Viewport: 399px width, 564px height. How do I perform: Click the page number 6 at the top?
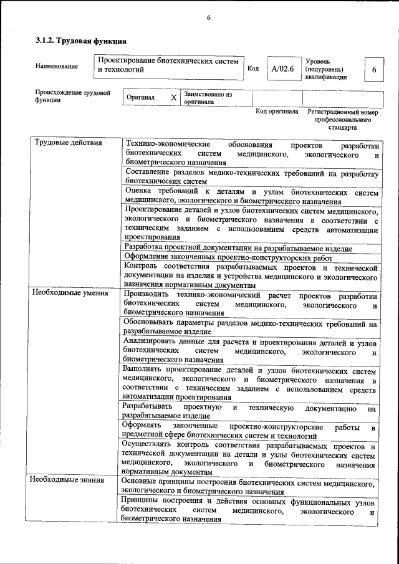coord(208,17)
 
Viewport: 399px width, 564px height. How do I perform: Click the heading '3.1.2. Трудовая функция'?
coord(80,41)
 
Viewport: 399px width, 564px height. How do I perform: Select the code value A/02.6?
coord(282,69)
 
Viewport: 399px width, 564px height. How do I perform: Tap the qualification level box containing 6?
coord(373,70)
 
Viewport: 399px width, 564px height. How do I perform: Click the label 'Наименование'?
coord(57,66)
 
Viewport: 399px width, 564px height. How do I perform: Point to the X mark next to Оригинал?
coord(173,98)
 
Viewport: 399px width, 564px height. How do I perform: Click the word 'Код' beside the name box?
coord(253,69)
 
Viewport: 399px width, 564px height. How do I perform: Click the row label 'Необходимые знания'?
coord(69,481)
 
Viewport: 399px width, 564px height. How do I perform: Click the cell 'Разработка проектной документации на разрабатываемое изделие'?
coord(238,248)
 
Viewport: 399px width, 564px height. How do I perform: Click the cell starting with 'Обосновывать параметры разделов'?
coord(249,328)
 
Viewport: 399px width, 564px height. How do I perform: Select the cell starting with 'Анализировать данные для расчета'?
coord(249,351)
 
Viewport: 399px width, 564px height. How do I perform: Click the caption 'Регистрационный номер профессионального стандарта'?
coord(343,120)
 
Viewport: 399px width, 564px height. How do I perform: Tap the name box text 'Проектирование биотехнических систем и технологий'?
coord(168,66)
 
